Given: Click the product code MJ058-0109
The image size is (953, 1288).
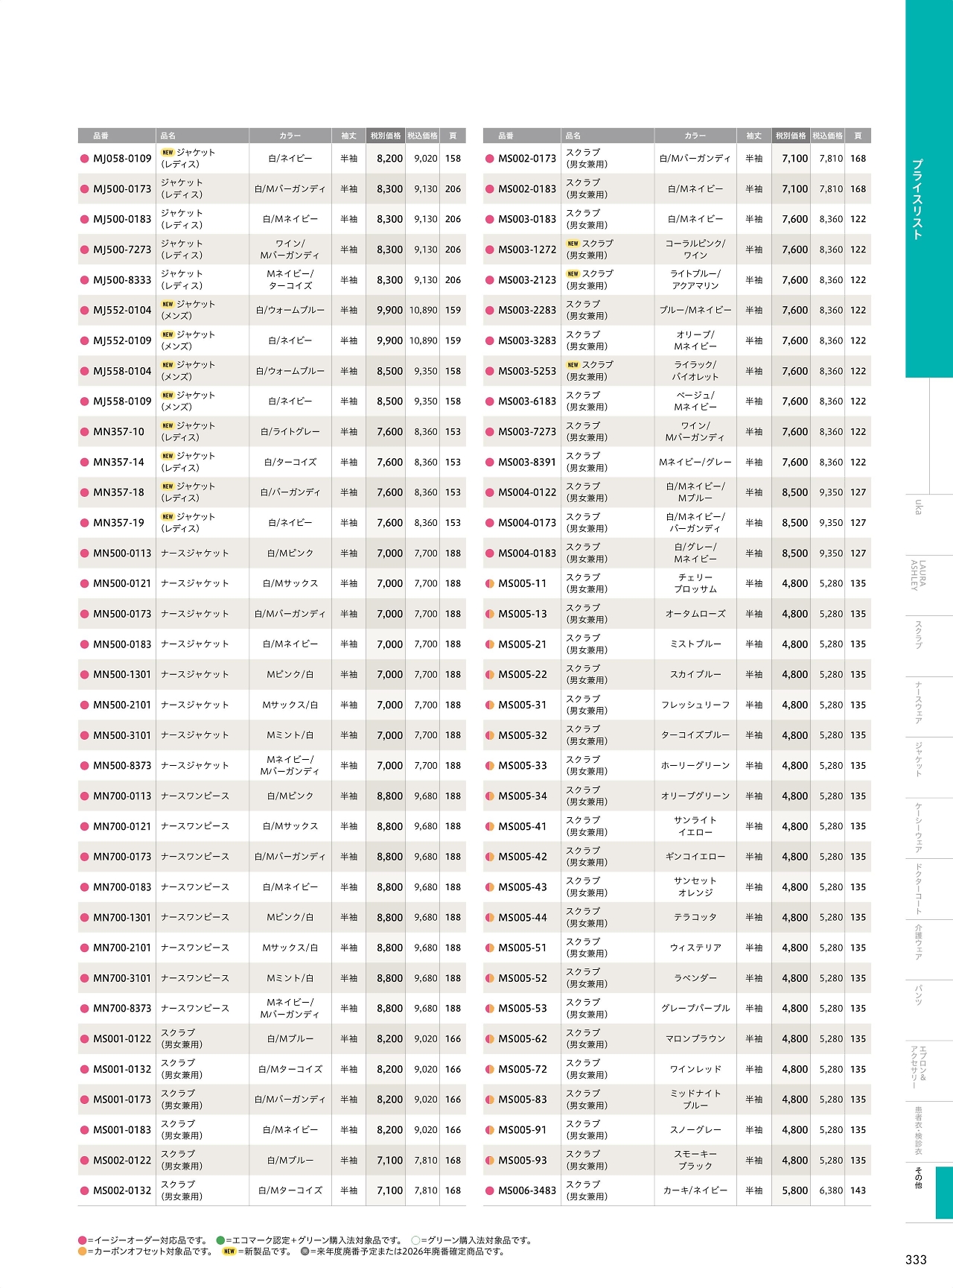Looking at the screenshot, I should [122, 159].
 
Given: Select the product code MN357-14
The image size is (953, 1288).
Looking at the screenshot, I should [118, 462].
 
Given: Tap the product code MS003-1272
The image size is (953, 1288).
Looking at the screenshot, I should [527, 250].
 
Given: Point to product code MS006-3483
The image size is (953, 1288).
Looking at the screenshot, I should [527, 1190].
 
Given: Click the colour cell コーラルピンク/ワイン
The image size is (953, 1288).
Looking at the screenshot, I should [695, 250].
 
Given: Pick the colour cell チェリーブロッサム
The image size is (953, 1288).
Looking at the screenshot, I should [695, 583].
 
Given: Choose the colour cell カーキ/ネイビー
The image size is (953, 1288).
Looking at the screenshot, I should [695, 1190].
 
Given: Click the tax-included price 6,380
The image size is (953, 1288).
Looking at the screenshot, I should [831, 1190].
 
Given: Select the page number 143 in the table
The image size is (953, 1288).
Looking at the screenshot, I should [858, 1190].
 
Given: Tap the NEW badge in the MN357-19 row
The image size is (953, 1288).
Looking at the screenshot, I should [168, 517].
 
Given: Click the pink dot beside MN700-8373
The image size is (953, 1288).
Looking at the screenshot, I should [84, 1009].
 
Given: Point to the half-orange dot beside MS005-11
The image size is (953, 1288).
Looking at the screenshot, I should [489, 583].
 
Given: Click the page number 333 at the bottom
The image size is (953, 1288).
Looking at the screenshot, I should [916, 1260].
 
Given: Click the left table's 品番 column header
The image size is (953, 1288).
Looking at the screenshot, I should [101, 136].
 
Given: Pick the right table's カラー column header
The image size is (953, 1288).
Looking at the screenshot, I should [695, 136].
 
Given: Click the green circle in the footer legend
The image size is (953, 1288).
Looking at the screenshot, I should [220, 1240].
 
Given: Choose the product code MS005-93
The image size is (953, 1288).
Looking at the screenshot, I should [522, 1160].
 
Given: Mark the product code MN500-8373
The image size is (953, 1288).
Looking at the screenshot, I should [122, 765].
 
